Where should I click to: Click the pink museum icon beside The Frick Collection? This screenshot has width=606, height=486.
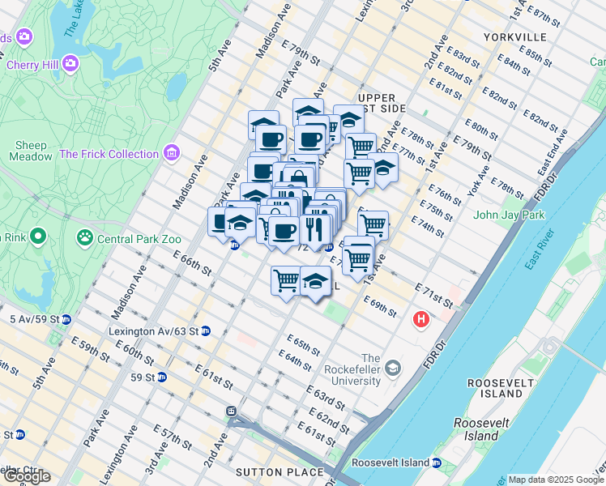170,152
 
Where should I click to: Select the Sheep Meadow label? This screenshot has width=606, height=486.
32,151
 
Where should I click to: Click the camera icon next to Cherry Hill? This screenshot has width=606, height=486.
70,62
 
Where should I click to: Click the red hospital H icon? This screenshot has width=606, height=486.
420,320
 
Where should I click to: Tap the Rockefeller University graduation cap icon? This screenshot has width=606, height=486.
393,369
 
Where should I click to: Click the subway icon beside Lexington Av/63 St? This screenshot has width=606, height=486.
206,330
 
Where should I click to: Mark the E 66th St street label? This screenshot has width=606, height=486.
192,262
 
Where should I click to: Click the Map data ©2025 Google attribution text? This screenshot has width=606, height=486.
555,480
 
